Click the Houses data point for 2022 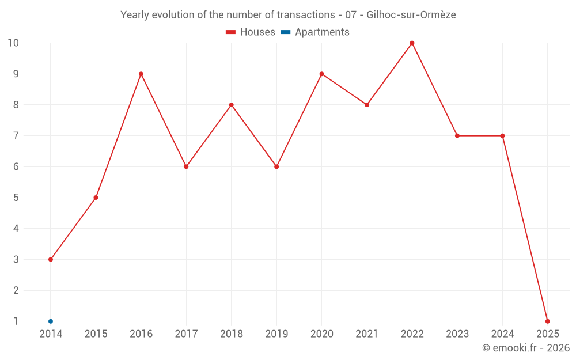412,43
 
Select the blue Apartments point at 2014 51,321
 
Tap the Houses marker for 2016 141,74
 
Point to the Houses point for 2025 547,321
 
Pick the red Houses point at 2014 51,259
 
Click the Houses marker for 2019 276,166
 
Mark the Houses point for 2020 321,74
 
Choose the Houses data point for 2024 502,136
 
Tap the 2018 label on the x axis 232,334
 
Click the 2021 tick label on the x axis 367,334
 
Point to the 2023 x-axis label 457,334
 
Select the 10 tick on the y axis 13,43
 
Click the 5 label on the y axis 16,198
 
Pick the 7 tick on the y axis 16,136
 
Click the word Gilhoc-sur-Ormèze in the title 411,15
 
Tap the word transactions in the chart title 305,15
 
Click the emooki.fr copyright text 526,348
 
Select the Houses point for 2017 186,166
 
